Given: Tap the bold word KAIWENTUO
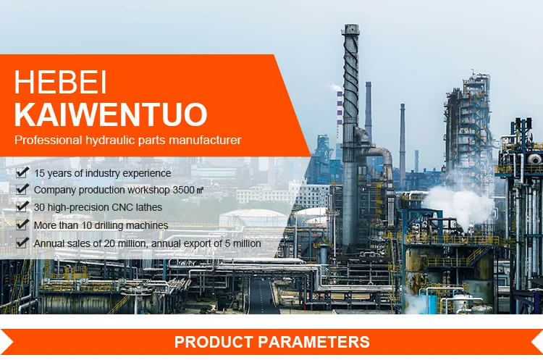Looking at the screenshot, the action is (x=111, y=114).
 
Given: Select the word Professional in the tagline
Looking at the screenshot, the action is (x=48, y=140).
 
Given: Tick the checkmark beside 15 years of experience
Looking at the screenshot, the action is (x=22, y=172).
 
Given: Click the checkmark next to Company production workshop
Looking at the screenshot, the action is (x=22, y=189).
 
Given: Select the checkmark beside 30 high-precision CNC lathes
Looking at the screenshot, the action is (x=22, y=206).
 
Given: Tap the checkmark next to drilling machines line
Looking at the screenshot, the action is (x=22, y=224).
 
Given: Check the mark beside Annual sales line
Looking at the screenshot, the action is (x=22, y=242).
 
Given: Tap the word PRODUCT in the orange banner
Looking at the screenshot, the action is (x=214, y=342).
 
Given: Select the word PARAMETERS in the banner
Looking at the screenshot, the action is (x=314, y=342).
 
